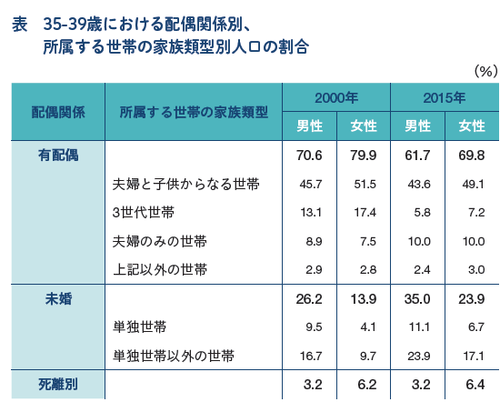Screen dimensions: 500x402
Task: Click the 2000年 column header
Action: (x=336, y=98)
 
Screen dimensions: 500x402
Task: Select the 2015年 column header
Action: (x=445, y=98)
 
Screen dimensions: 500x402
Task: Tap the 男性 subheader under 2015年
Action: (x=418, y=126)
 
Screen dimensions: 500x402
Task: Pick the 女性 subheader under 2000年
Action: (x=364, y=126)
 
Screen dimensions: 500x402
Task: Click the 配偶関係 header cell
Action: (x=58, y=112)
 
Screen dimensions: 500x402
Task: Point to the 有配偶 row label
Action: (x=58, y=156)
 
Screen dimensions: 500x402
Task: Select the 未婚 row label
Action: (x=58, y=299)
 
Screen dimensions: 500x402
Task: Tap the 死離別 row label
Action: (x=58, y=385)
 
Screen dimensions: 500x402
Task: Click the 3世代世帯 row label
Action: (x=144, y=213)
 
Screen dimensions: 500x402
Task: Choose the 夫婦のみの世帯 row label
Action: (x=160, y=241)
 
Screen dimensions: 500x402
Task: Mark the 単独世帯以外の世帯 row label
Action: (x=174, y=356)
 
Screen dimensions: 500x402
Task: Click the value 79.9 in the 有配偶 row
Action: (x=364, y=156)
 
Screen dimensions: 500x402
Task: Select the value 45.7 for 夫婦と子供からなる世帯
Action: (x=311, y=184)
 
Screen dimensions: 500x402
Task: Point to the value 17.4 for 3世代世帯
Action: (x=365, y=213)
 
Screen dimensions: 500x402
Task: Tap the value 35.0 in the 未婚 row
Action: (x=417, y=299)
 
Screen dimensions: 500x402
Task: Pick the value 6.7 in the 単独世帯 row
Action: (x=476, y=327)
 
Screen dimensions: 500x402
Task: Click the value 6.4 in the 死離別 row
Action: (x=475, y=385)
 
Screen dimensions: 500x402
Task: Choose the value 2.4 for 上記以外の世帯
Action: (x=422, y=270)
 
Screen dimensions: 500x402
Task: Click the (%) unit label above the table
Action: (x=485, y=71)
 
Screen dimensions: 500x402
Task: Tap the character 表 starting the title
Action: (x=20, y=25)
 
